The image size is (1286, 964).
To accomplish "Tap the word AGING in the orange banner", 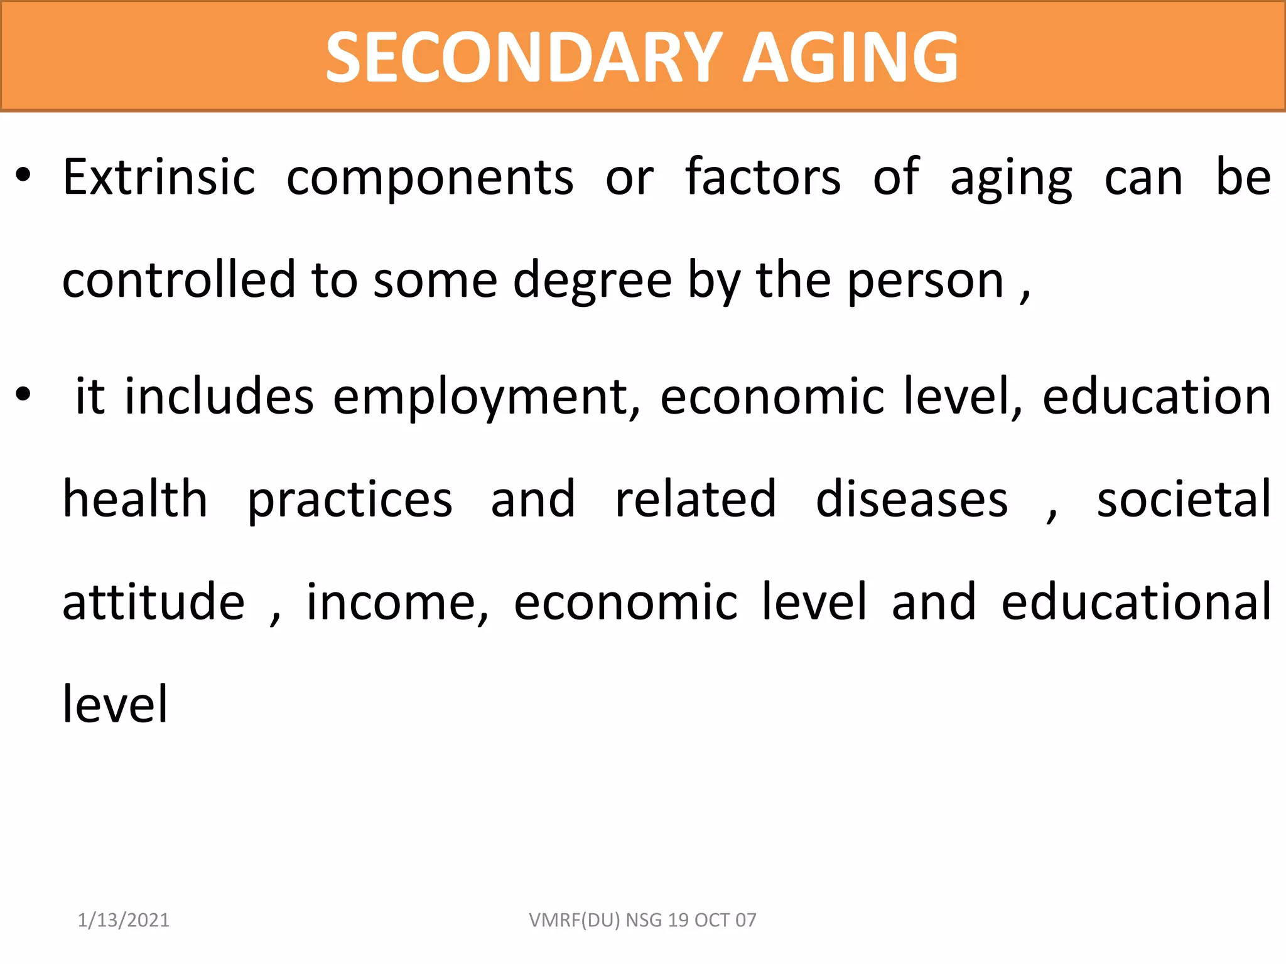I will [850, 58].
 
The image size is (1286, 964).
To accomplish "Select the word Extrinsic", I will [159, 178].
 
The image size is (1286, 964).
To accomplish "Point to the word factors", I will [763, 178].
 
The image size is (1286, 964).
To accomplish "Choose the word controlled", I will [179, 280].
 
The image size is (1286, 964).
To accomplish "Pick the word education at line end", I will [1157, 397].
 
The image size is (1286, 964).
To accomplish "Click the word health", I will [135, 500].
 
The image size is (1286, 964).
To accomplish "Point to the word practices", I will [350, 501].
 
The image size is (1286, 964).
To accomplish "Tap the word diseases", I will [912, 501].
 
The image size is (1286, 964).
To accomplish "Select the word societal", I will [1184, 500].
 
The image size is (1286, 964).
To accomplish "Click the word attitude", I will [154, 602].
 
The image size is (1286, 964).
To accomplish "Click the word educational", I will [1136, 602].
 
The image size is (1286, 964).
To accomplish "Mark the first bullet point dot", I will [23, 177].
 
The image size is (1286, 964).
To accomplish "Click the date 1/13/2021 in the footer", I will [124, 920].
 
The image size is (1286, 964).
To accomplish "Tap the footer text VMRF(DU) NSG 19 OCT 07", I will [642, 920].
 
